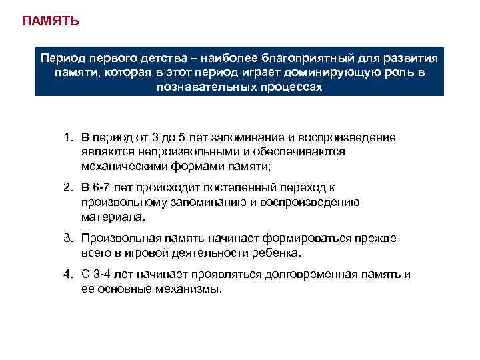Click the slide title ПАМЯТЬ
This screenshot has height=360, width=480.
tap(50, 21)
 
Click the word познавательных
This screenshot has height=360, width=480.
tap(199, 87)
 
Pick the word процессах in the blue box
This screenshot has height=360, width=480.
tap(289, 87)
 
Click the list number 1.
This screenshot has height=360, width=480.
tap(67, 137)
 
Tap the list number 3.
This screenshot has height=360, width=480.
tap(67, 238)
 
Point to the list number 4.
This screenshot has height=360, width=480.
tap(67, 274)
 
